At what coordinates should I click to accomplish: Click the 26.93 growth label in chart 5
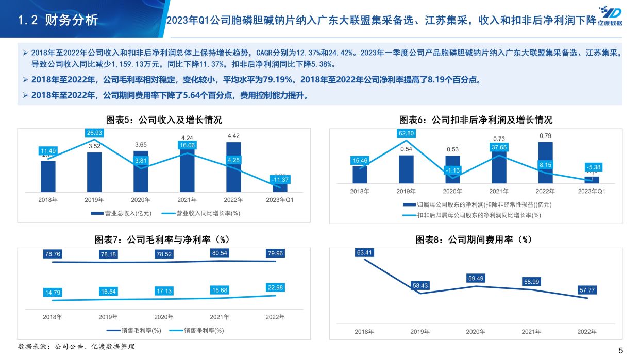point(94,133)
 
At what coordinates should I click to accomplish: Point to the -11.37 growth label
point(280,179)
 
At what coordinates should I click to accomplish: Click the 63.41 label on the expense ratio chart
point(364,252)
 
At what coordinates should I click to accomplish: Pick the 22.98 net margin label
point(276,287)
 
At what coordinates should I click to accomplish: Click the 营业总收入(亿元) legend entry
point(117,213)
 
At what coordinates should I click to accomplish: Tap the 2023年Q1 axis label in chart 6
point(592,191)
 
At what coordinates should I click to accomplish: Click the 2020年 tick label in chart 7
point(164,317)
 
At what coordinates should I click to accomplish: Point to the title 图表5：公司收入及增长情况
point(164,120)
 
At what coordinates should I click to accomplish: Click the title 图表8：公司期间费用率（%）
point(473,239)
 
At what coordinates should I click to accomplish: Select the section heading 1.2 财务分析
point(57,20)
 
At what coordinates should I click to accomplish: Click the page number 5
point(620,351)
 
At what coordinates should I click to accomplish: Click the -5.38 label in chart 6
point(593,167)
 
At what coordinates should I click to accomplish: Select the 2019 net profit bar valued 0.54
point(406,169)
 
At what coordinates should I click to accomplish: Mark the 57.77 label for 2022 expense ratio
point(587,290)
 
